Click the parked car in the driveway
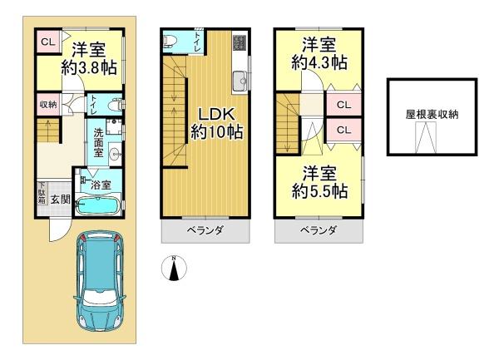[99, 281]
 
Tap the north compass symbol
[174, 268]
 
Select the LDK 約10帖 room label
[217, 123]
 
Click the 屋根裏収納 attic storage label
[432, 114]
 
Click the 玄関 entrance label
[61, 200]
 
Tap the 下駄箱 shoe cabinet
[42, 192]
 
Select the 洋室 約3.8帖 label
[90, 58]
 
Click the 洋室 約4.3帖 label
[319, 53]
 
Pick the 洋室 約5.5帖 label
[319, 182]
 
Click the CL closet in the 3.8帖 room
[48, 42]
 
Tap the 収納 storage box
[48, 104]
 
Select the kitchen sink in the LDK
[240, 81]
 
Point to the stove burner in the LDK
[240, 43]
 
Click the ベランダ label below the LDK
[205, 230]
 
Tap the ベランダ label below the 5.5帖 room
[319, 230]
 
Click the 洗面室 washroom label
[98, 142]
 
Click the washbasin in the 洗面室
[114, 155]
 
